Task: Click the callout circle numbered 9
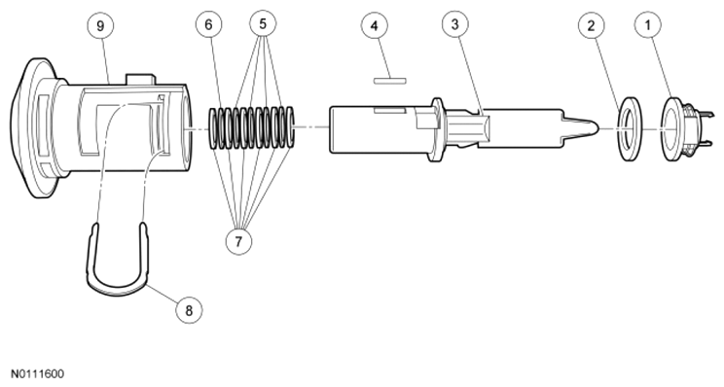100,25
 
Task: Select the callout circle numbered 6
208,24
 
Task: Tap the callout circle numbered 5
263,23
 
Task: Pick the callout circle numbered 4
375,25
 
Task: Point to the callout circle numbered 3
454,24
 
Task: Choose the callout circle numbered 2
591,25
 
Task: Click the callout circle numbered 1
648,25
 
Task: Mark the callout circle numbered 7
238,241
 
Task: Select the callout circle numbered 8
189,310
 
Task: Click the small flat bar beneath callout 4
389,81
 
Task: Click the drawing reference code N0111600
38,373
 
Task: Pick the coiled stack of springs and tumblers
252,127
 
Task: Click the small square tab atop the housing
141,79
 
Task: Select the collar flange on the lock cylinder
436,129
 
